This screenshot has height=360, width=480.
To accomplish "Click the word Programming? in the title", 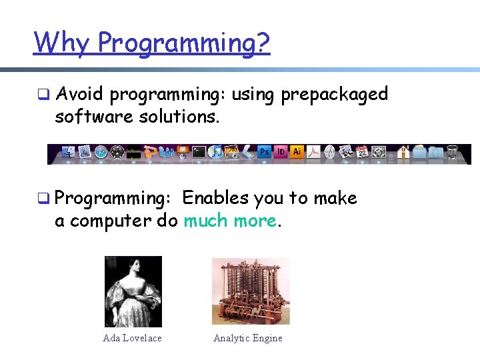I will click(184, 44).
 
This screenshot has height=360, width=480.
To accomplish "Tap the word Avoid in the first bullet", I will click(79, 95).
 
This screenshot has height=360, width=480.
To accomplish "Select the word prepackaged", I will click(334, 95).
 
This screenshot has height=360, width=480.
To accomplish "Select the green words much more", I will click(229, 221).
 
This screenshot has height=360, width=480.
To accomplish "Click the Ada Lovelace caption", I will click(132, 338).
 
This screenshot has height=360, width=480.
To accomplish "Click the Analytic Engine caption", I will click(247, 338).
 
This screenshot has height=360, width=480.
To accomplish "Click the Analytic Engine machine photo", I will click(250, 291).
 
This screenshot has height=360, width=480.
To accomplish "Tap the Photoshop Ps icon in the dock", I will click(264, 152).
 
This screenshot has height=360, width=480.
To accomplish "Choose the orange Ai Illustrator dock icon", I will click(297, 152).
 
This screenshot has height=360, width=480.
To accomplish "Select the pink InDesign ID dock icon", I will click(281, 152).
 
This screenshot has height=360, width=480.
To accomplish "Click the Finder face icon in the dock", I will click(69, 153).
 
